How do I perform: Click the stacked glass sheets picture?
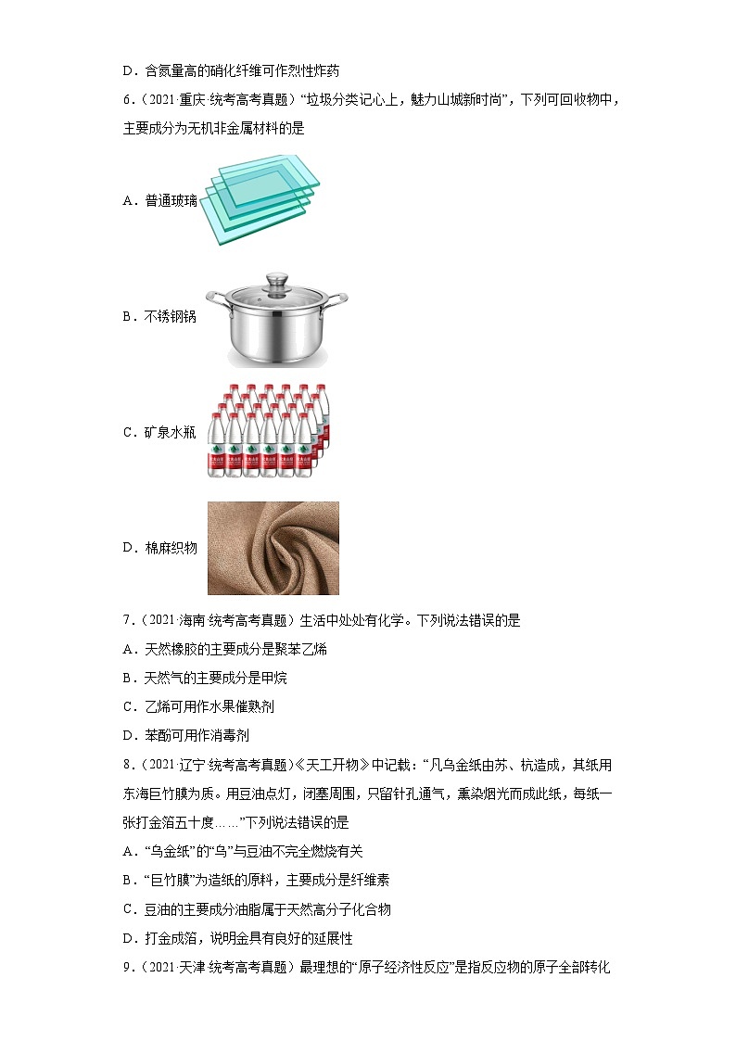(x=261, y=198)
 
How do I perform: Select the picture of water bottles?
(x=268, y=431)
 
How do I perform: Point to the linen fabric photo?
(x=273, y=548)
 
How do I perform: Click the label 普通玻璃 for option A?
(x=171, y=201)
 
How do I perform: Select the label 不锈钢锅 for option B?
(x=171, y=317)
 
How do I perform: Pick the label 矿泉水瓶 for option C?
(x=171, y=432)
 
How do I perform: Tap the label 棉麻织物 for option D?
(x=171, y=548)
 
